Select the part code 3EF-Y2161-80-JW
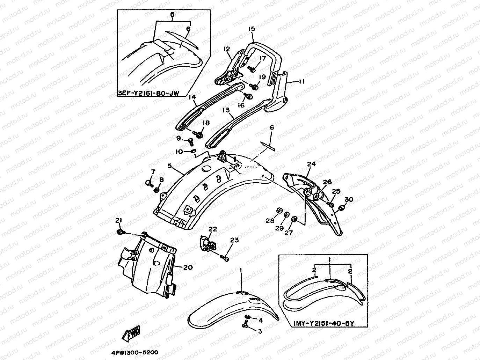149,94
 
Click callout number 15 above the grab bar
252,29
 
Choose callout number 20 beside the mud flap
188,267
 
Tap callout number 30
349,199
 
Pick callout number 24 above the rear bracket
311,164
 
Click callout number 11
302,82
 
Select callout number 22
213,229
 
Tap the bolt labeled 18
200,134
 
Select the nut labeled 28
279,210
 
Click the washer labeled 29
286,214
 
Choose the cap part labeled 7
148,183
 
